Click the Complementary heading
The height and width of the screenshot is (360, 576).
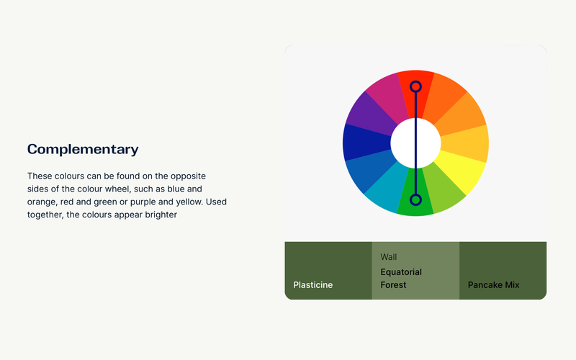coord(83,149)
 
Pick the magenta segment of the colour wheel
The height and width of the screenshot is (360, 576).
coord(388,96)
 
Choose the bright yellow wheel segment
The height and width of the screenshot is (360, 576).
coord(464,172)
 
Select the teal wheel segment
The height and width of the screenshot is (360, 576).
coord(387,189)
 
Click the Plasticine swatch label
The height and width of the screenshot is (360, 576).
coord(313,285)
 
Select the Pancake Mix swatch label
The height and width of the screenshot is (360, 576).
coord(493,285)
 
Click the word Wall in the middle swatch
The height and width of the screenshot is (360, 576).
coord(389,257)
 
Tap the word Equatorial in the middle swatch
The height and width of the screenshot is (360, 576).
coord(401,272)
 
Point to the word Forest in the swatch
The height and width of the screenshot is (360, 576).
coord(393,285)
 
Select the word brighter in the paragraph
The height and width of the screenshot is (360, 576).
coord(161,215)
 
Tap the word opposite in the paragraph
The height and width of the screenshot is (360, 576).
coord(188,176)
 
